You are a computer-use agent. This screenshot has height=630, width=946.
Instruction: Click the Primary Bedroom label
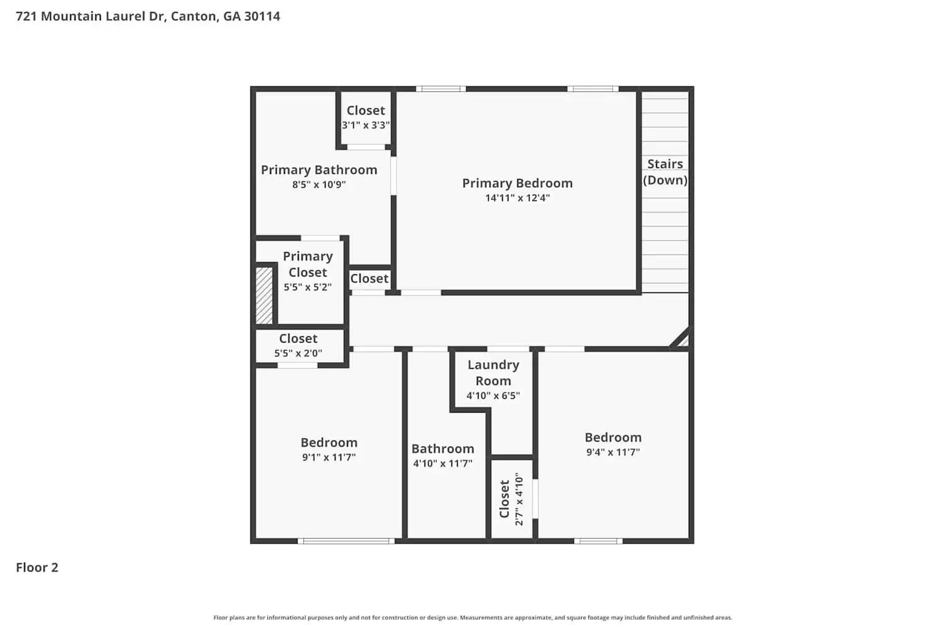[x=517, y=183]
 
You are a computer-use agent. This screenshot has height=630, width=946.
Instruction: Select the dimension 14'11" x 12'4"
[x=517, y=198]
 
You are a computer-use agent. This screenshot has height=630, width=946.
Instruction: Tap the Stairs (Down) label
[x=665, y=172]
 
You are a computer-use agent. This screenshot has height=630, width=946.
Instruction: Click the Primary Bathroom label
[x=319, y=170]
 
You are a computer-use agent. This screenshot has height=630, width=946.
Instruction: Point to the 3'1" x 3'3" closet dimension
[x=366, y=125]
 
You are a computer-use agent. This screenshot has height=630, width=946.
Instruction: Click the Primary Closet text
[x=308, y=264]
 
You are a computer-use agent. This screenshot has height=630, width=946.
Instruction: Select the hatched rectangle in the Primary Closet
[x=264, y=295]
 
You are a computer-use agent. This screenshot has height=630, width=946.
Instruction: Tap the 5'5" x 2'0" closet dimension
[x=298, y=353]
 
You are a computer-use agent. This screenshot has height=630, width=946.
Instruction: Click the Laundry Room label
[x=493, y=372]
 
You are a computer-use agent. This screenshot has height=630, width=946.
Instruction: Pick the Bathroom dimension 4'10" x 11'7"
[x=443, y=464]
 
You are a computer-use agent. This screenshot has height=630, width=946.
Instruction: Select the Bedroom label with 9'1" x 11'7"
[x=329, y=443]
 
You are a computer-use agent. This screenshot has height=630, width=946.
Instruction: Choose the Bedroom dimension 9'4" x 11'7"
[x=613, y=452]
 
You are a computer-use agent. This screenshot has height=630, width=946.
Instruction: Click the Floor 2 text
[x=37, y=568]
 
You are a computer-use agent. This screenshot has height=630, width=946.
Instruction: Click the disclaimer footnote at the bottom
[x=473, y=618]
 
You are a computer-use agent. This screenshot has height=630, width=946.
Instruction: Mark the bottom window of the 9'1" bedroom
[x=346, y=541]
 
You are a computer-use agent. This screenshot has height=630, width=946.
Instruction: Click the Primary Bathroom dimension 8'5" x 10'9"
[x=319, y=185]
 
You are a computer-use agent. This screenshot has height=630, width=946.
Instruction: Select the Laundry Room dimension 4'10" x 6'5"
[x=493, y=396]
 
